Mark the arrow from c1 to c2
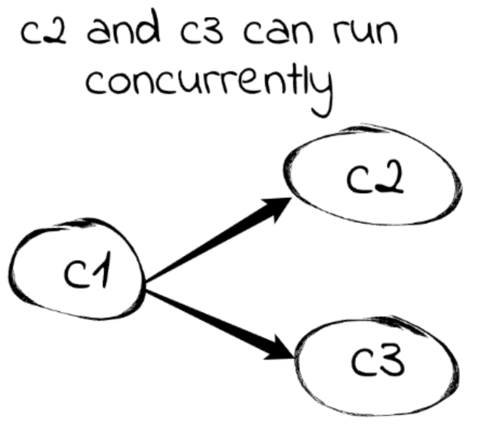tap(216, 240)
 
